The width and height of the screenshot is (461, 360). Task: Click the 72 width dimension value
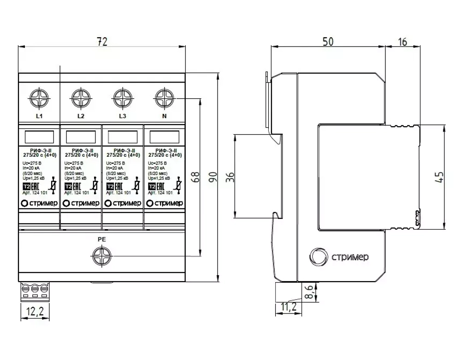101,41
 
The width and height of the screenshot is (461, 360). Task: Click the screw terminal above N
164,99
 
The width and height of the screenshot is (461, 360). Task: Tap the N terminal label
164,116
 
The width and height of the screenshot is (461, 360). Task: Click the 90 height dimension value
213,177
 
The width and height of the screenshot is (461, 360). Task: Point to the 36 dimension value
231,177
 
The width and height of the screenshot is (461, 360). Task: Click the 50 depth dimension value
328,41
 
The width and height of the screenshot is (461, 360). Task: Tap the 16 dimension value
402,41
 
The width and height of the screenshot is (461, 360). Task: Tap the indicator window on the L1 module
39,137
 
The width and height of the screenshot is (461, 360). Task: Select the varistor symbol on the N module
178,186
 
